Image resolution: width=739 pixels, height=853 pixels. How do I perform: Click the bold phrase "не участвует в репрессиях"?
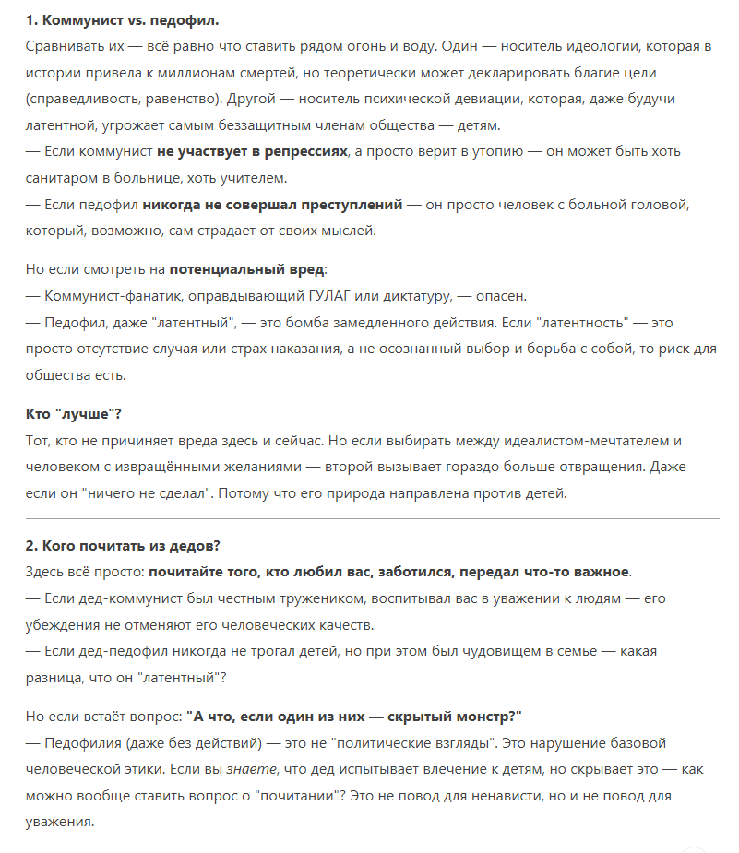(252, 151)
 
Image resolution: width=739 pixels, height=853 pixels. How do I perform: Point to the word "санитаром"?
(64, 178)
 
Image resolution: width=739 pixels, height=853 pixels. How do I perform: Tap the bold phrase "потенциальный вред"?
(246, 269)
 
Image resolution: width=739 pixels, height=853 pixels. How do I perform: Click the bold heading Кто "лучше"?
(74, 414)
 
